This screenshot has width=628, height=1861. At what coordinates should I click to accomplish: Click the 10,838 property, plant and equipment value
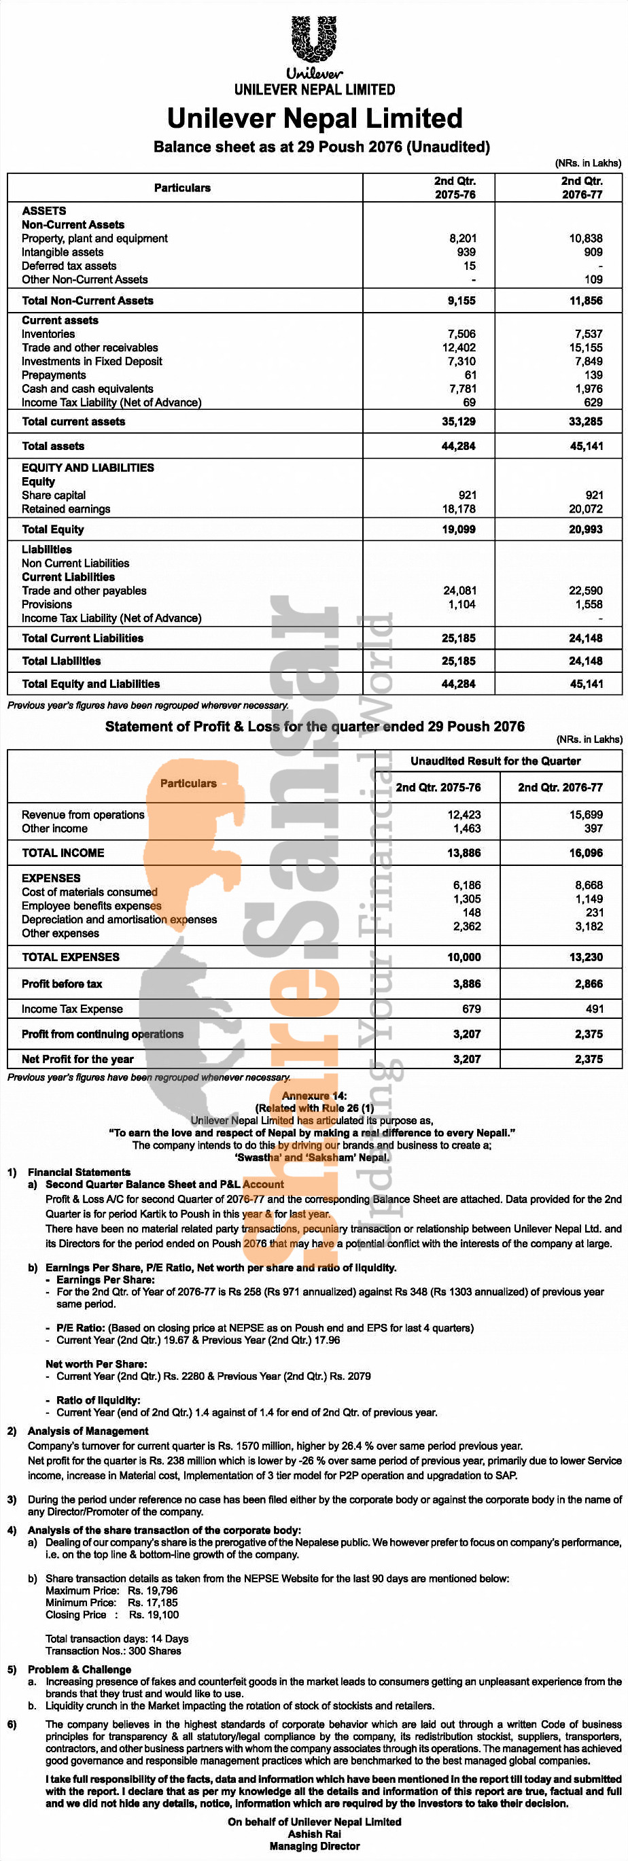pos(585,239)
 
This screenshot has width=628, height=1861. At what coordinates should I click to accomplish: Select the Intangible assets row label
pos(62,252)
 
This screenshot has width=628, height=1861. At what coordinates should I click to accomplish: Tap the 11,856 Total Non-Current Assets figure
pos(585,300)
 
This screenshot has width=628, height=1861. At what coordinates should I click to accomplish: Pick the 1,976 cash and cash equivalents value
pos(589,389)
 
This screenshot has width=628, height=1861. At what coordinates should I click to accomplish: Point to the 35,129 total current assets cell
pos(458,421)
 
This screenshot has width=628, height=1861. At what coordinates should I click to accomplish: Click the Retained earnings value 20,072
pos(585,508)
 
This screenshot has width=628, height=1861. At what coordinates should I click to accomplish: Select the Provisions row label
pos(46,604)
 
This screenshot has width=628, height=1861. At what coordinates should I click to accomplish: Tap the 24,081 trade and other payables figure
pos(459,590)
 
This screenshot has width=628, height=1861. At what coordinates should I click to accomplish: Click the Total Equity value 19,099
pos(458,529)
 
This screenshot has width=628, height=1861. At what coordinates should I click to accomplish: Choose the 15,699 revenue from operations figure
pos(585,814)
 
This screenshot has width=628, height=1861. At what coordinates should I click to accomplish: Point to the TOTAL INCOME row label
pos(63,852)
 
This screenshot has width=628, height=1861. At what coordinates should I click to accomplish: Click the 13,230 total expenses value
pos(585,956)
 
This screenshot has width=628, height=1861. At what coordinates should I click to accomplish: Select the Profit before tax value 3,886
pos(466,984)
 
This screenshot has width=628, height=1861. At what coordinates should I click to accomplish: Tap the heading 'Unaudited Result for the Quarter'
pos(495,761)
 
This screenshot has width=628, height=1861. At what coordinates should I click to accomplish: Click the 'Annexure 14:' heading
pos(313,1095)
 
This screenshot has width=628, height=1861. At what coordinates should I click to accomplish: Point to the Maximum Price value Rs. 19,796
pos(152,1590)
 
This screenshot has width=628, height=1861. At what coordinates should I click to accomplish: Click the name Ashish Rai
pos(315,1834)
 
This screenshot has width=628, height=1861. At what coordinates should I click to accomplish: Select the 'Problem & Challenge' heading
pos(80,1669)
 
